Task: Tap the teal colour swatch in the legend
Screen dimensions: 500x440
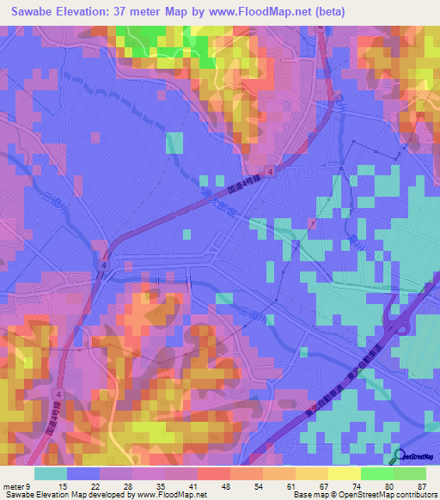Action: pos(51,473)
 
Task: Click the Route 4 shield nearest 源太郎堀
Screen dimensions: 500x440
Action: pos(272,172)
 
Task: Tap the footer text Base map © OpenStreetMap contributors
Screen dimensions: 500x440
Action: pos(364,494)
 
